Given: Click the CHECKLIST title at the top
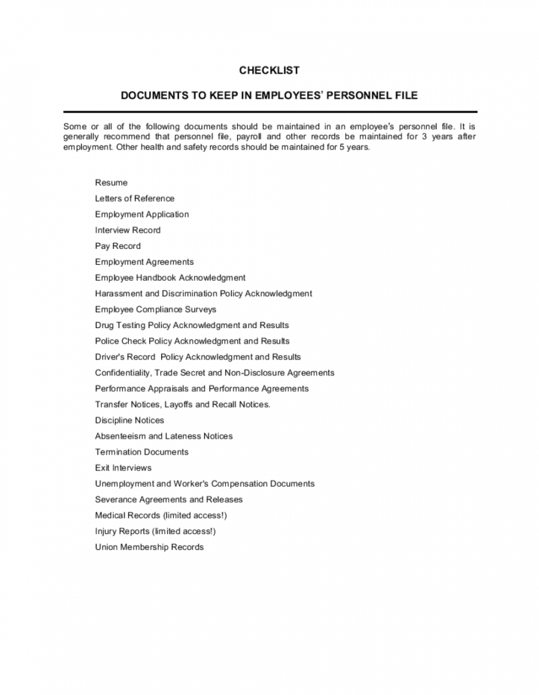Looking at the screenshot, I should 269,71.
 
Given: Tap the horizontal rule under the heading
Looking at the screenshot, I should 269,112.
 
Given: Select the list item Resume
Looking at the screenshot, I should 111,183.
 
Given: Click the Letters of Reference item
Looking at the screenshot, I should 135,199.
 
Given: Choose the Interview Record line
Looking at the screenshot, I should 128,230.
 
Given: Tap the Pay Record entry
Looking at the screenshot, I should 118,246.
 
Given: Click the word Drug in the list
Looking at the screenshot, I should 104,326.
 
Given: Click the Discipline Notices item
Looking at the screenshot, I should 129,420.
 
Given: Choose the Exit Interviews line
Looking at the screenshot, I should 123,468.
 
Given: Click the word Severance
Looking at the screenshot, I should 116,500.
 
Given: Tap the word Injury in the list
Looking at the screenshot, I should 105,532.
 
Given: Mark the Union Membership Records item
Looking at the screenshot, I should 149,547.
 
